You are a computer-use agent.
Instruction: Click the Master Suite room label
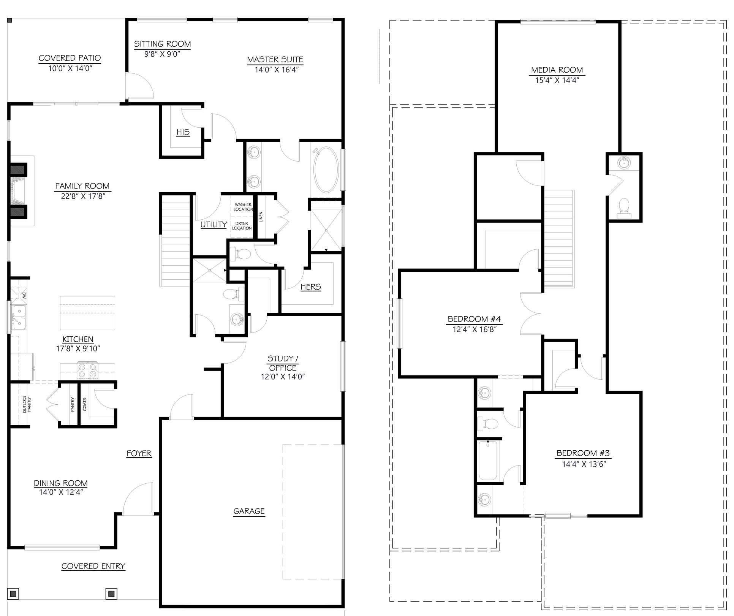point(275,60)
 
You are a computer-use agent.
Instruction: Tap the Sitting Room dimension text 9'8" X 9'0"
point(162,54)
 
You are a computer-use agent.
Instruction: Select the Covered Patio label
point(70,58)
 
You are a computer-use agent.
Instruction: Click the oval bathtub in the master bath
point(326,170)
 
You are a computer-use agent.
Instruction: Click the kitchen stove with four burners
point(87,371)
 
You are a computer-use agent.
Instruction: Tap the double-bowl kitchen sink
point(18,318)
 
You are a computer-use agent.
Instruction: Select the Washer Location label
point(243,207)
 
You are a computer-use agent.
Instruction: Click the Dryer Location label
point(242,226)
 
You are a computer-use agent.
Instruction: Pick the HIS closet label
point(183,132)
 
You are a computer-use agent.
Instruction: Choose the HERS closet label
point(310,287)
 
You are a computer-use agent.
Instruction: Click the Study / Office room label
point(282,363)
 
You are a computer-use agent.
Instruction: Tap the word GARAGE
point(249,511)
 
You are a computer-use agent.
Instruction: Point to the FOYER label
point(139,453)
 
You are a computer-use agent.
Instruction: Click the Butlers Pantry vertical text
point(26,405)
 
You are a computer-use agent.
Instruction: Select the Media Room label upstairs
point(557,70)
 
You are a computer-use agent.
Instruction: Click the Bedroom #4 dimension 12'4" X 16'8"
point(475,329)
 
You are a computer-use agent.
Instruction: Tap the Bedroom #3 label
point(583,453)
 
